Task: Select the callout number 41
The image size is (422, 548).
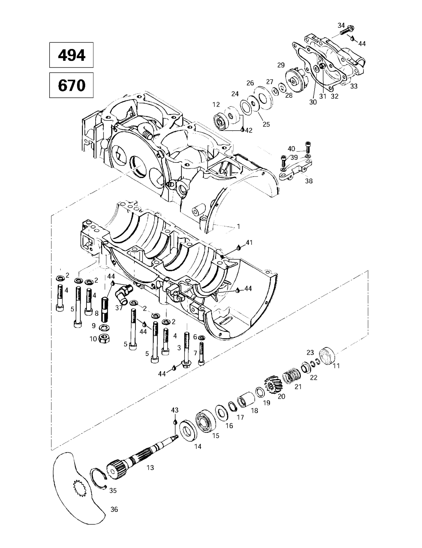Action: [x=249, y=243]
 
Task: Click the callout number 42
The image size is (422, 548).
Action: [x=249, y=130]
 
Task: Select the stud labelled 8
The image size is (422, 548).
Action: [x=104, y=310]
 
